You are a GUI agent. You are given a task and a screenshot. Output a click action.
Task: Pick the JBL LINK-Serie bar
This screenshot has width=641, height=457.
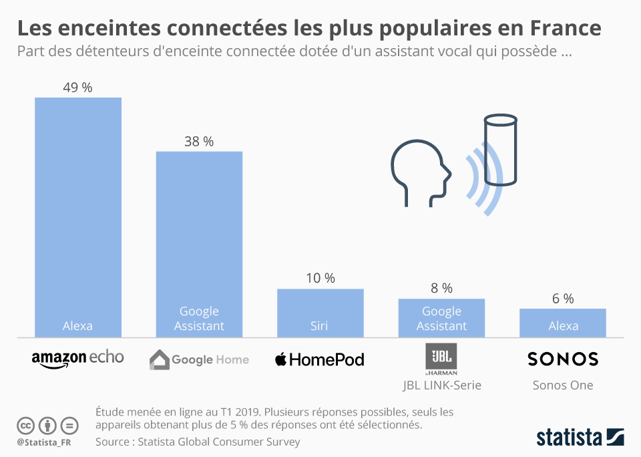[x=441, y=317]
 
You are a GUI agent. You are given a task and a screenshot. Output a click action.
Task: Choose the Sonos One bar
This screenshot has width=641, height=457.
[x=563, y=323]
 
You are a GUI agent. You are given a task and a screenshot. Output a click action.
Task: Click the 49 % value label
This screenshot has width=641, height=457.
[x=78, y=88]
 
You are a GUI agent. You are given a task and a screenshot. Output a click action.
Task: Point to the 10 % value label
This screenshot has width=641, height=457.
[x=320, y=279]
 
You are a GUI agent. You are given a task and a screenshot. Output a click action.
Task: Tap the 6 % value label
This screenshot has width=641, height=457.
[x=563, y=299]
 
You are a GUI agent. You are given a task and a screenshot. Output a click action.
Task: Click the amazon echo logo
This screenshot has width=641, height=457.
[x=78, y=359]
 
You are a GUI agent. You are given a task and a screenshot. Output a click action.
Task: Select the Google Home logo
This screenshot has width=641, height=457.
[x=199, y=359]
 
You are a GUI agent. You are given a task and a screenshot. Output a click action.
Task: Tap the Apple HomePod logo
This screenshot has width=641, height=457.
[x=320, y=359]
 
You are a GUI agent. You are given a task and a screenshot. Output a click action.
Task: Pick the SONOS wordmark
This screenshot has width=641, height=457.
[x=563, y=359]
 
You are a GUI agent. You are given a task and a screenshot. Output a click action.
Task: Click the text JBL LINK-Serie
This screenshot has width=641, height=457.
[x=441, y=385]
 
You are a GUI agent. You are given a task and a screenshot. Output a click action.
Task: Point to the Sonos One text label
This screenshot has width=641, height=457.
[x=563, y=385]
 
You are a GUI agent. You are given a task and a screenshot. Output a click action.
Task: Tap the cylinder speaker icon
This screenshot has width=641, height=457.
[x=500, y=150]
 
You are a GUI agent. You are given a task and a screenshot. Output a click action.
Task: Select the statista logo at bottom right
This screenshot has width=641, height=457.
[x=580, y=438]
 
